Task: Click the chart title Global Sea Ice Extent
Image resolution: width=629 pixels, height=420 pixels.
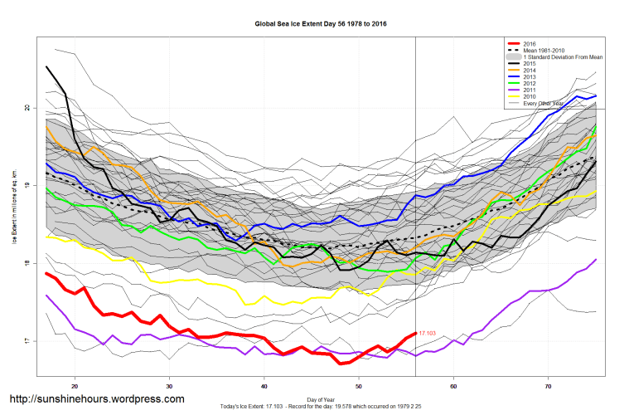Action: (321, 25)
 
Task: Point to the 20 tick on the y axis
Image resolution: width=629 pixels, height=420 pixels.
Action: (27, 108)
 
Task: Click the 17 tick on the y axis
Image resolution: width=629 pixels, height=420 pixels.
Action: (27, 341)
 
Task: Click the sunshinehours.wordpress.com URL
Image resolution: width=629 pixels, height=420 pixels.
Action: (96, 399)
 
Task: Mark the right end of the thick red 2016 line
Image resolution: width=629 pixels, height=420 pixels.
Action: (415, 333)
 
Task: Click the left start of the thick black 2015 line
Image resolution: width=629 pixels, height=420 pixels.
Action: (47, 67)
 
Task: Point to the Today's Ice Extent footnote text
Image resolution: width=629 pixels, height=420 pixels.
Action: (321, 407)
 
